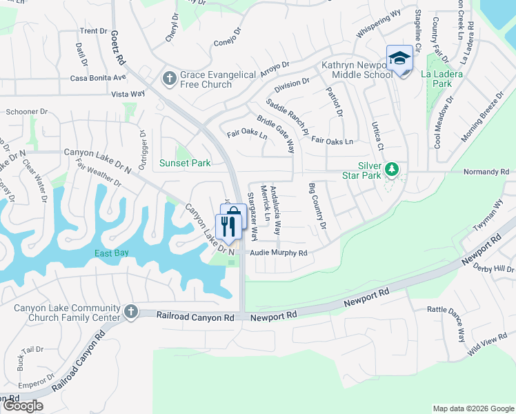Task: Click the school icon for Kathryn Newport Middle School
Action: point(399,59)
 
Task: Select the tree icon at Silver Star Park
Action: point(392,169)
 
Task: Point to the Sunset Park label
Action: point(184,164)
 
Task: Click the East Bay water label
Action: point(112,253)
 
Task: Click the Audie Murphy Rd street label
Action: point(278,253)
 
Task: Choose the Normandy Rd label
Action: point(486,171)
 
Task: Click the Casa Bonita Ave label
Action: point(98,77)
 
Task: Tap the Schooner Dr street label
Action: point(26,110)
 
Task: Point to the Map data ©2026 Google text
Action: point(473,408)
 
